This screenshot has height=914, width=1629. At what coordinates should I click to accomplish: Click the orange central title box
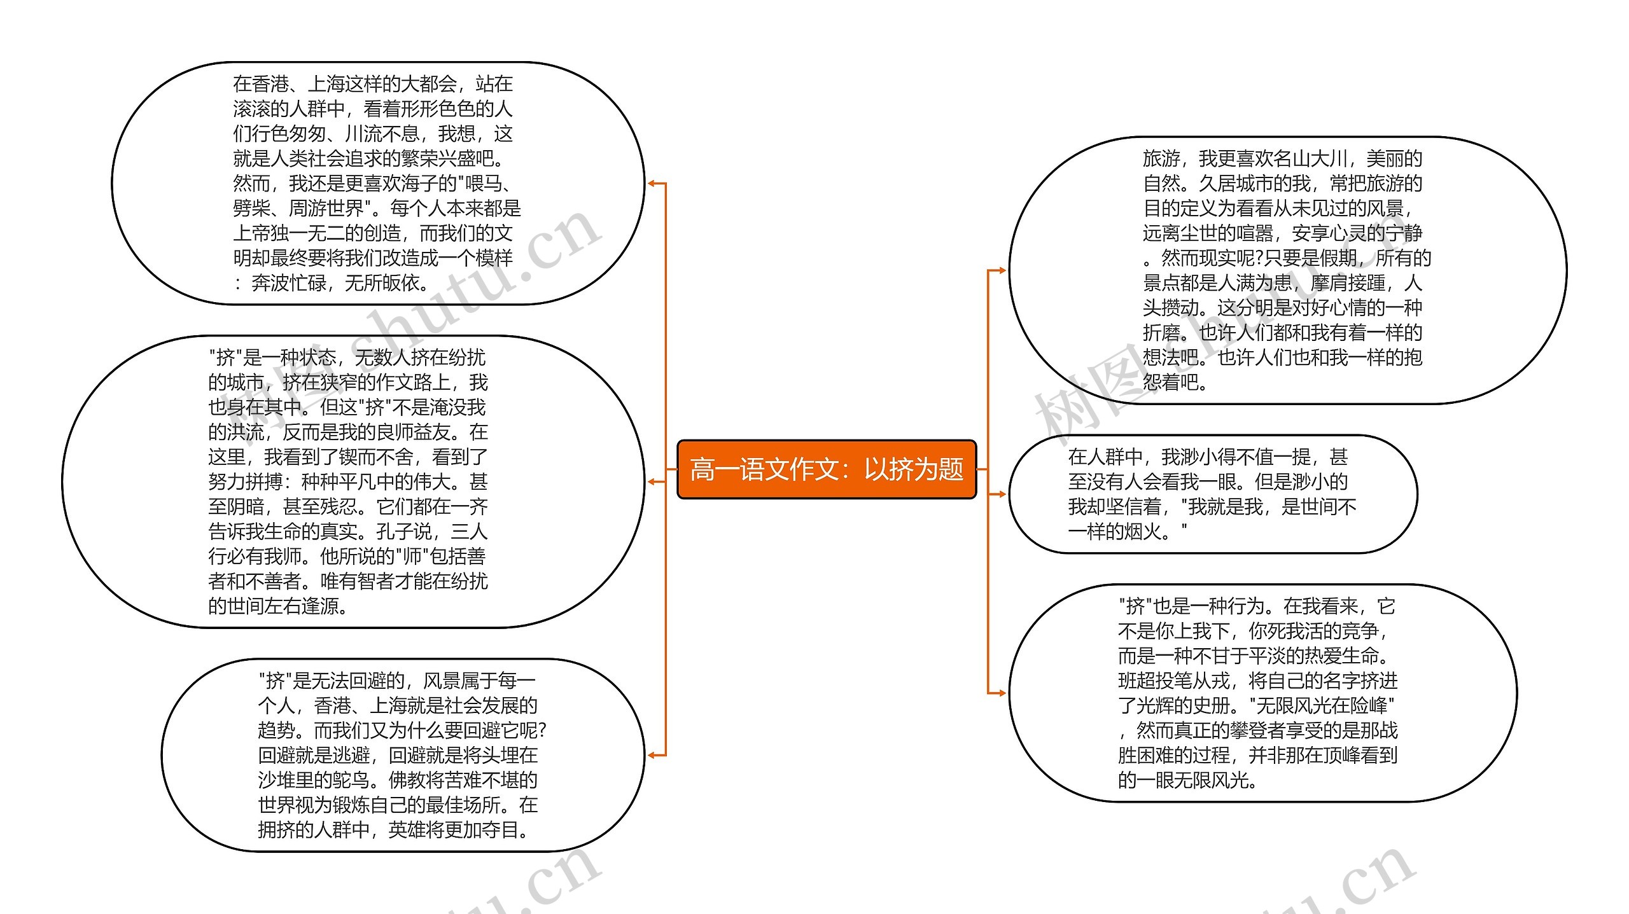click(x=826, y=469)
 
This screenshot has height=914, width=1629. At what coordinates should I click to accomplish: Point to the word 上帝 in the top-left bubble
click(x=251, y=233)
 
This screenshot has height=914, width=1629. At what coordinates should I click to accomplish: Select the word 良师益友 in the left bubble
click(x=414, y=433)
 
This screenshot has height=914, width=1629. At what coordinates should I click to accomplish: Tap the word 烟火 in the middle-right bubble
click(x=1142, y=532)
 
